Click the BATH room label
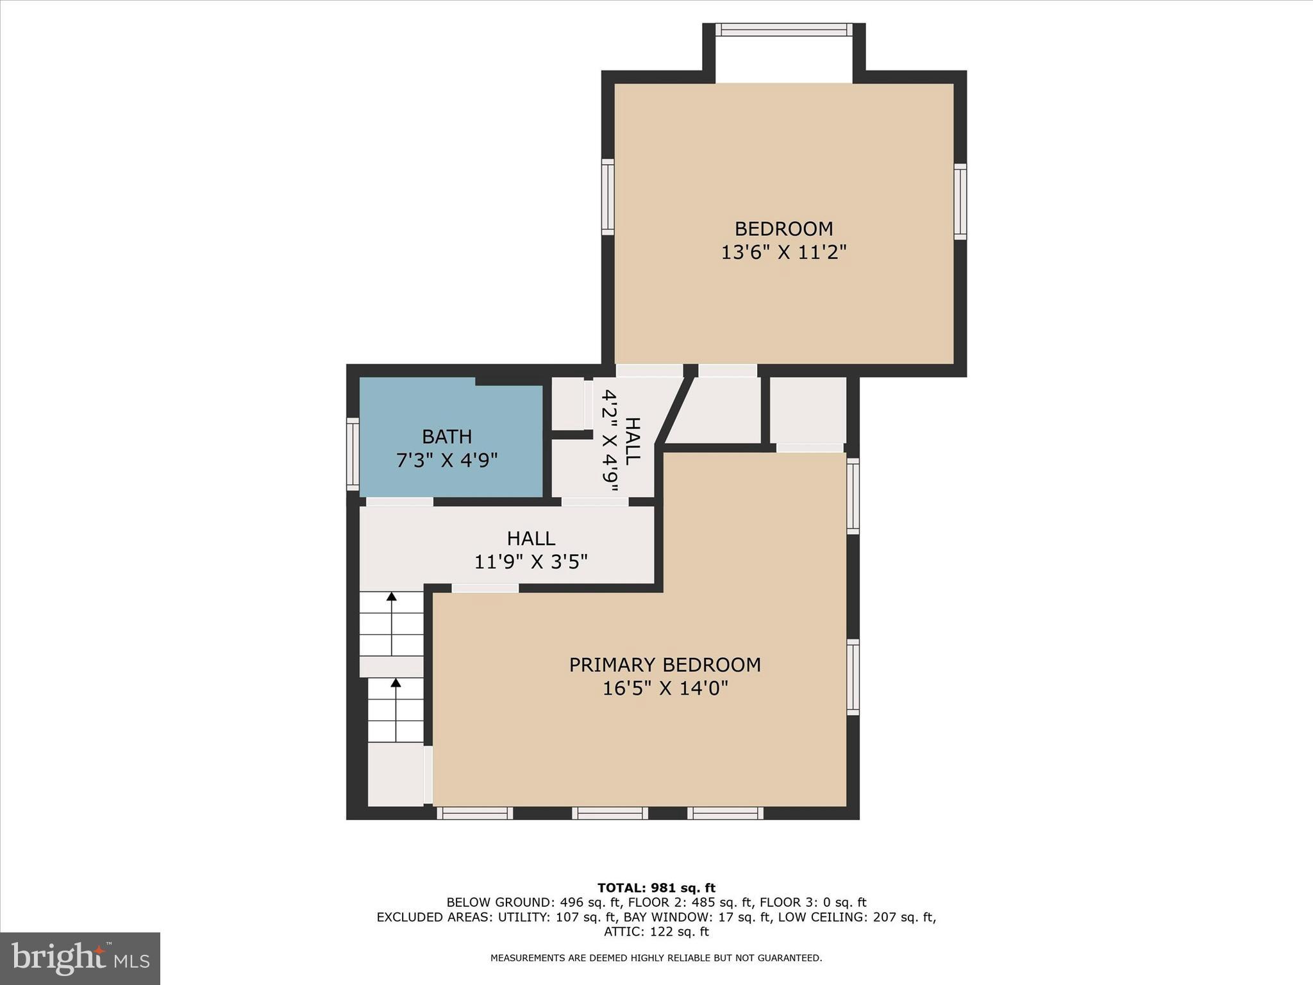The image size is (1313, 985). point(447,437)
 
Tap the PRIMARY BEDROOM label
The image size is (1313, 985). point(665,665)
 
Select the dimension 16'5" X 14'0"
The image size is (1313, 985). point(665,689)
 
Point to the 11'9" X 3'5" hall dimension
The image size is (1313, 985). point(531,562)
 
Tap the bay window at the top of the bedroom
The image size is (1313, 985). point(783,29)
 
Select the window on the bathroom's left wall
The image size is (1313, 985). point(353,454)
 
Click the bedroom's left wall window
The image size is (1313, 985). point(608,197)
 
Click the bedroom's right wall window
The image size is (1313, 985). point(960,202)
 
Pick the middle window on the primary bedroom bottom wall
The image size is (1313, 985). point(610,813)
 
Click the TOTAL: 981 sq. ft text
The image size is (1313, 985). point(656,888)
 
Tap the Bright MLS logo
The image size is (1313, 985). point(80,958)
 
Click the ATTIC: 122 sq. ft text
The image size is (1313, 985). point(656,932)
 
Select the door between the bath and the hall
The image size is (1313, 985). point(399,501)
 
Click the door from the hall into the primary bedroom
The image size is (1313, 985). point(485,588)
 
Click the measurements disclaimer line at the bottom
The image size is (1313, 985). point(656,958)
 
